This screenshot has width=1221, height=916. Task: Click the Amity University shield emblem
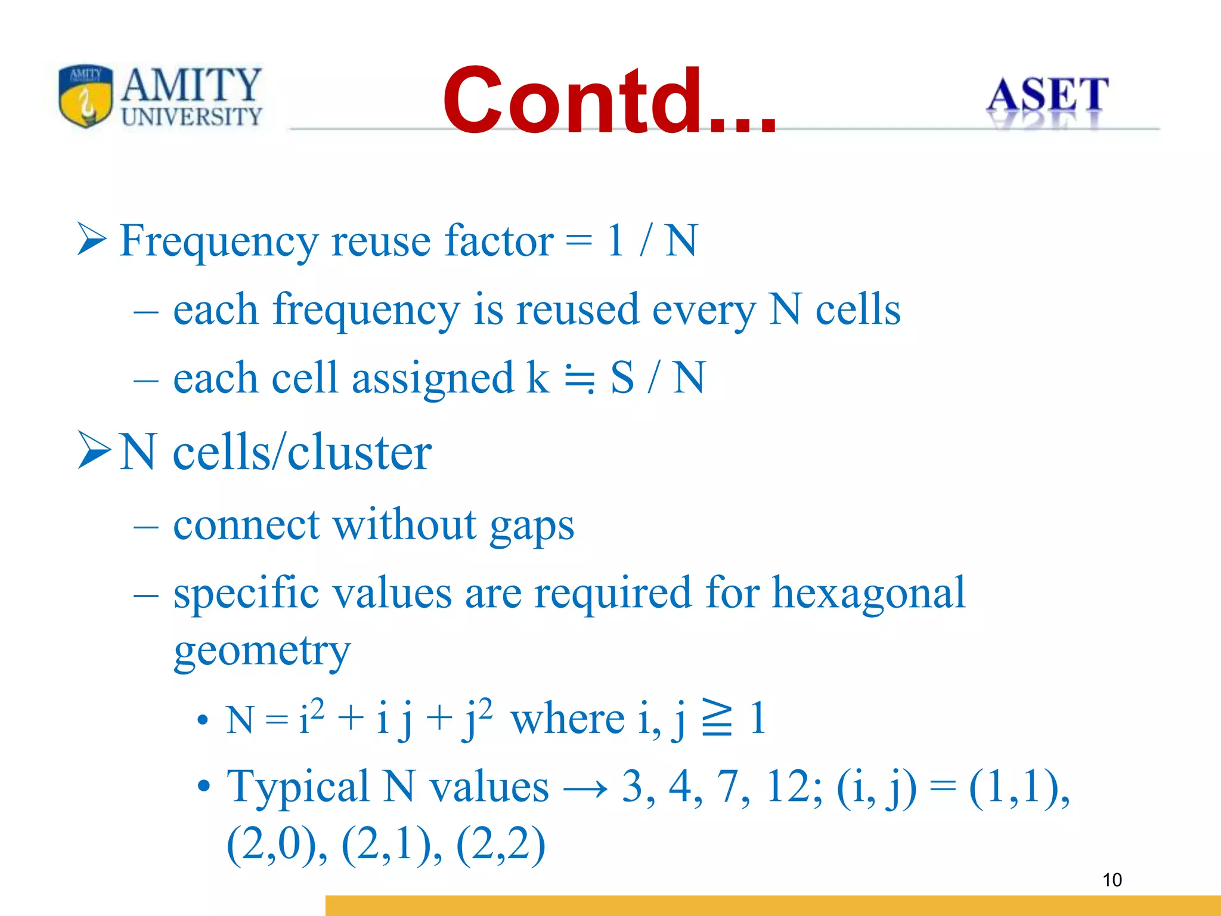tap(86, 96)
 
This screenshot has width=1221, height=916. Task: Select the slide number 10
tap(1112, 880)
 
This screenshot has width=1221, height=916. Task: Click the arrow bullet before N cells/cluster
tap(94, 451)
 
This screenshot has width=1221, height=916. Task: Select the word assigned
tap(432, 378)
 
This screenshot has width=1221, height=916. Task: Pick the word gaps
tap(532, 526)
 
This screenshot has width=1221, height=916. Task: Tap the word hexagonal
tap(868, 593)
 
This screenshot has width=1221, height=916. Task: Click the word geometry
tap(262, 651)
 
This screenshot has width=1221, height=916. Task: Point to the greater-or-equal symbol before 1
tap(717, 718)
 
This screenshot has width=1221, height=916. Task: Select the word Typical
tap(298, 787)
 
